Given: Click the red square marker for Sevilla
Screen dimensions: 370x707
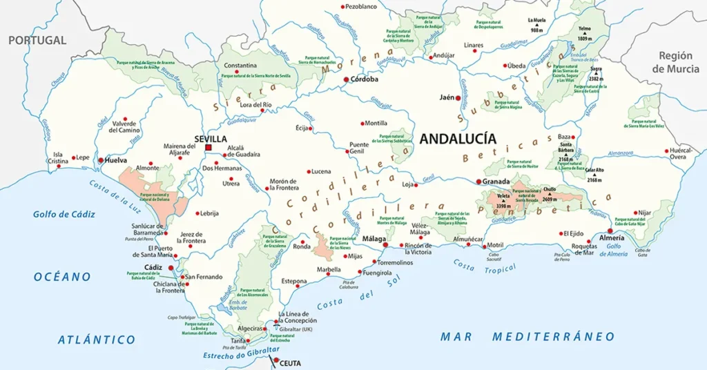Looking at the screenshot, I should [208, 147].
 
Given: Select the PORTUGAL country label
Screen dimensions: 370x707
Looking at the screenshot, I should [37, 40].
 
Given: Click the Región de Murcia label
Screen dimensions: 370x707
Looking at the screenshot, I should [675, 62].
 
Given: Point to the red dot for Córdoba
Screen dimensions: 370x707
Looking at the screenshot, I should [347, 79].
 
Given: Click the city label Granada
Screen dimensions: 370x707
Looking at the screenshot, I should [496, 181].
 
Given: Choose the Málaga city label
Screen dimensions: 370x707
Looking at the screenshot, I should [374, 239].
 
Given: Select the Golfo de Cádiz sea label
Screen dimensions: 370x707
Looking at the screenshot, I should [64, 214].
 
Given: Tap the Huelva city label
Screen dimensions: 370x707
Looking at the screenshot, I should [117, 160].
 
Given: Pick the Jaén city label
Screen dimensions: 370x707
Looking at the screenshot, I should [447, 97].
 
